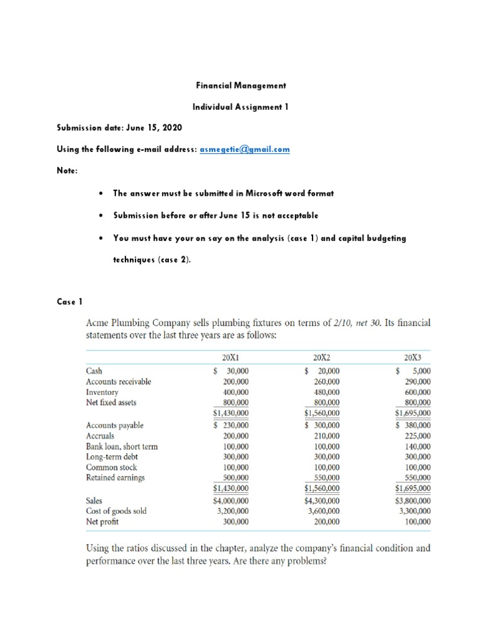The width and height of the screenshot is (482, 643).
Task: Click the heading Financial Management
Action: (x=241, y=85)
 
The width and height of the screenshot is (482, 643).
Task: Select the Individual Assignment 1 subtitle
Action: (x=241, y=107)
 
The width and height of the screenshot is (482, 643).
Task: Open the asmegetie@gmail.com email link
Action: (x=244, y=150)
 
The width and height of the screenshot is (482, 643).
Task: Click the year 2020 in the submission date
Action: (x=171, y=128)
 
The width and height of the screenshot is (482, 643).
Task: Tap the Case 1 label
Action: (x=70, y=301)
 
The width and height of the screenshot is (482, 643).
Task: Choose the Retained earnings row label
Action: (x=115, y=478)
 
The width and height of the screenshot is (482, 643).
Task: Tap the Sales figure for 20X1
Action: (x=231, y=500)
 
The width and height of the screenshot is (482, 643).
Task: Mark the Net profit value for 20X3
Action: (x=417, y=521)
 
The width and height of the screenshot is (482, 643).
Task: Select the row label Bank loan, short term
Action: (x=122, y=446)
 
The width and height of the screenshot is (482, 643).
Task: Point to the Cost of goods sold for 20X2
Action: (x=324, y=511)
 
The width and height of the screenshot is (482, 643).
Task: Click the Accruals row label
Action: (x=100, y=436)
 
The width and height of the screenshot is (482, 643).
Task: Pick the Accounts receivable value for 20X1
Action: (x=235, y=382)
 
